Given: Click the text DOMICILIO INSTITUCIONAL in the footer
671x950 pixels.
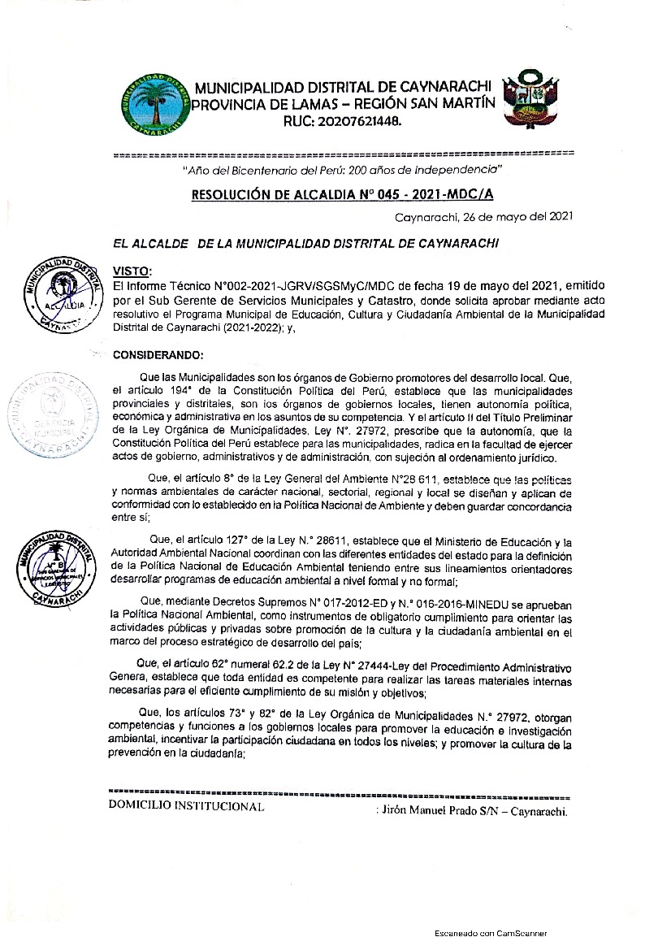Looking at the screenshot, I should [x=186, y=807].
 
